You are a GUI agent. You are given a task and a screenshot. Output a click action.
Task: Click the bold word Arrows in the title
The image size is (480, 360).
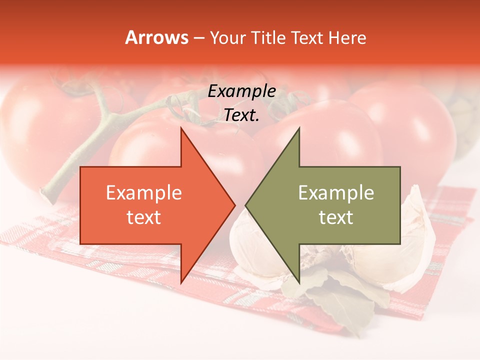[156, 37]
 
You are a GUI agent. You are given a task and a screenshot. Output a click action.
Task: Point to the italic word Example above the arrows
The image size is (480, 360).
[241, 91]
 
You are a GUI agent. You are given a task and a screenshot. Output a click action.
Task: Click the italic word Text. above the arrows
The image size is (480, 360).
[241, 115]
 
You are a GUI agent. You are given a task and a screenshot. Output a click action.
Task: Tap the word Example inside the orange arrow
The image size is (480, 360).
[144, 192]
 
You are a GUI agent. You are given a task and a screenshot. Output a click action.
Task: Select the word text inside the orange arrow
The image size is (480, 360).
[144, 217]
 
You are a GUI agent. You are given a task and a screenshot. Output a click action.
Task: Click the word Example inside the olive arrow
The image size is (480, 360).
[336, 192]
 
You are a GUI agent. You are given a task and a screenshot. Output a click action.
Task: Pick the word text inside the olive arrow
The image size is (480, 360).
[336, 217]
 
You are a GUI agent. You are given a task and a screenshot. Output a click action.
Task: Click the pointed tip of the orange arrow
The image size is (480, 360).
[234, 205]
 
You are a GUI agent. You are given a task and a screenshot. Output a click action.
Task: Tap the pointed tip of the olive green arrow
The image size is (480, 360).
[246, 205]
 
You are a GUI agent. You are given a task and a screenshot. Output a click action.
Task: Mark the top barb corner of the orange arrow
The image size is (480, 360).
[181, 128]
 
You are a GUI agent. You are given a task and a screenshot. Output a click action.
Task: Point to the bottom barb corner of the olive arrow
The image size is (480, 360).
[299, 282]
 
